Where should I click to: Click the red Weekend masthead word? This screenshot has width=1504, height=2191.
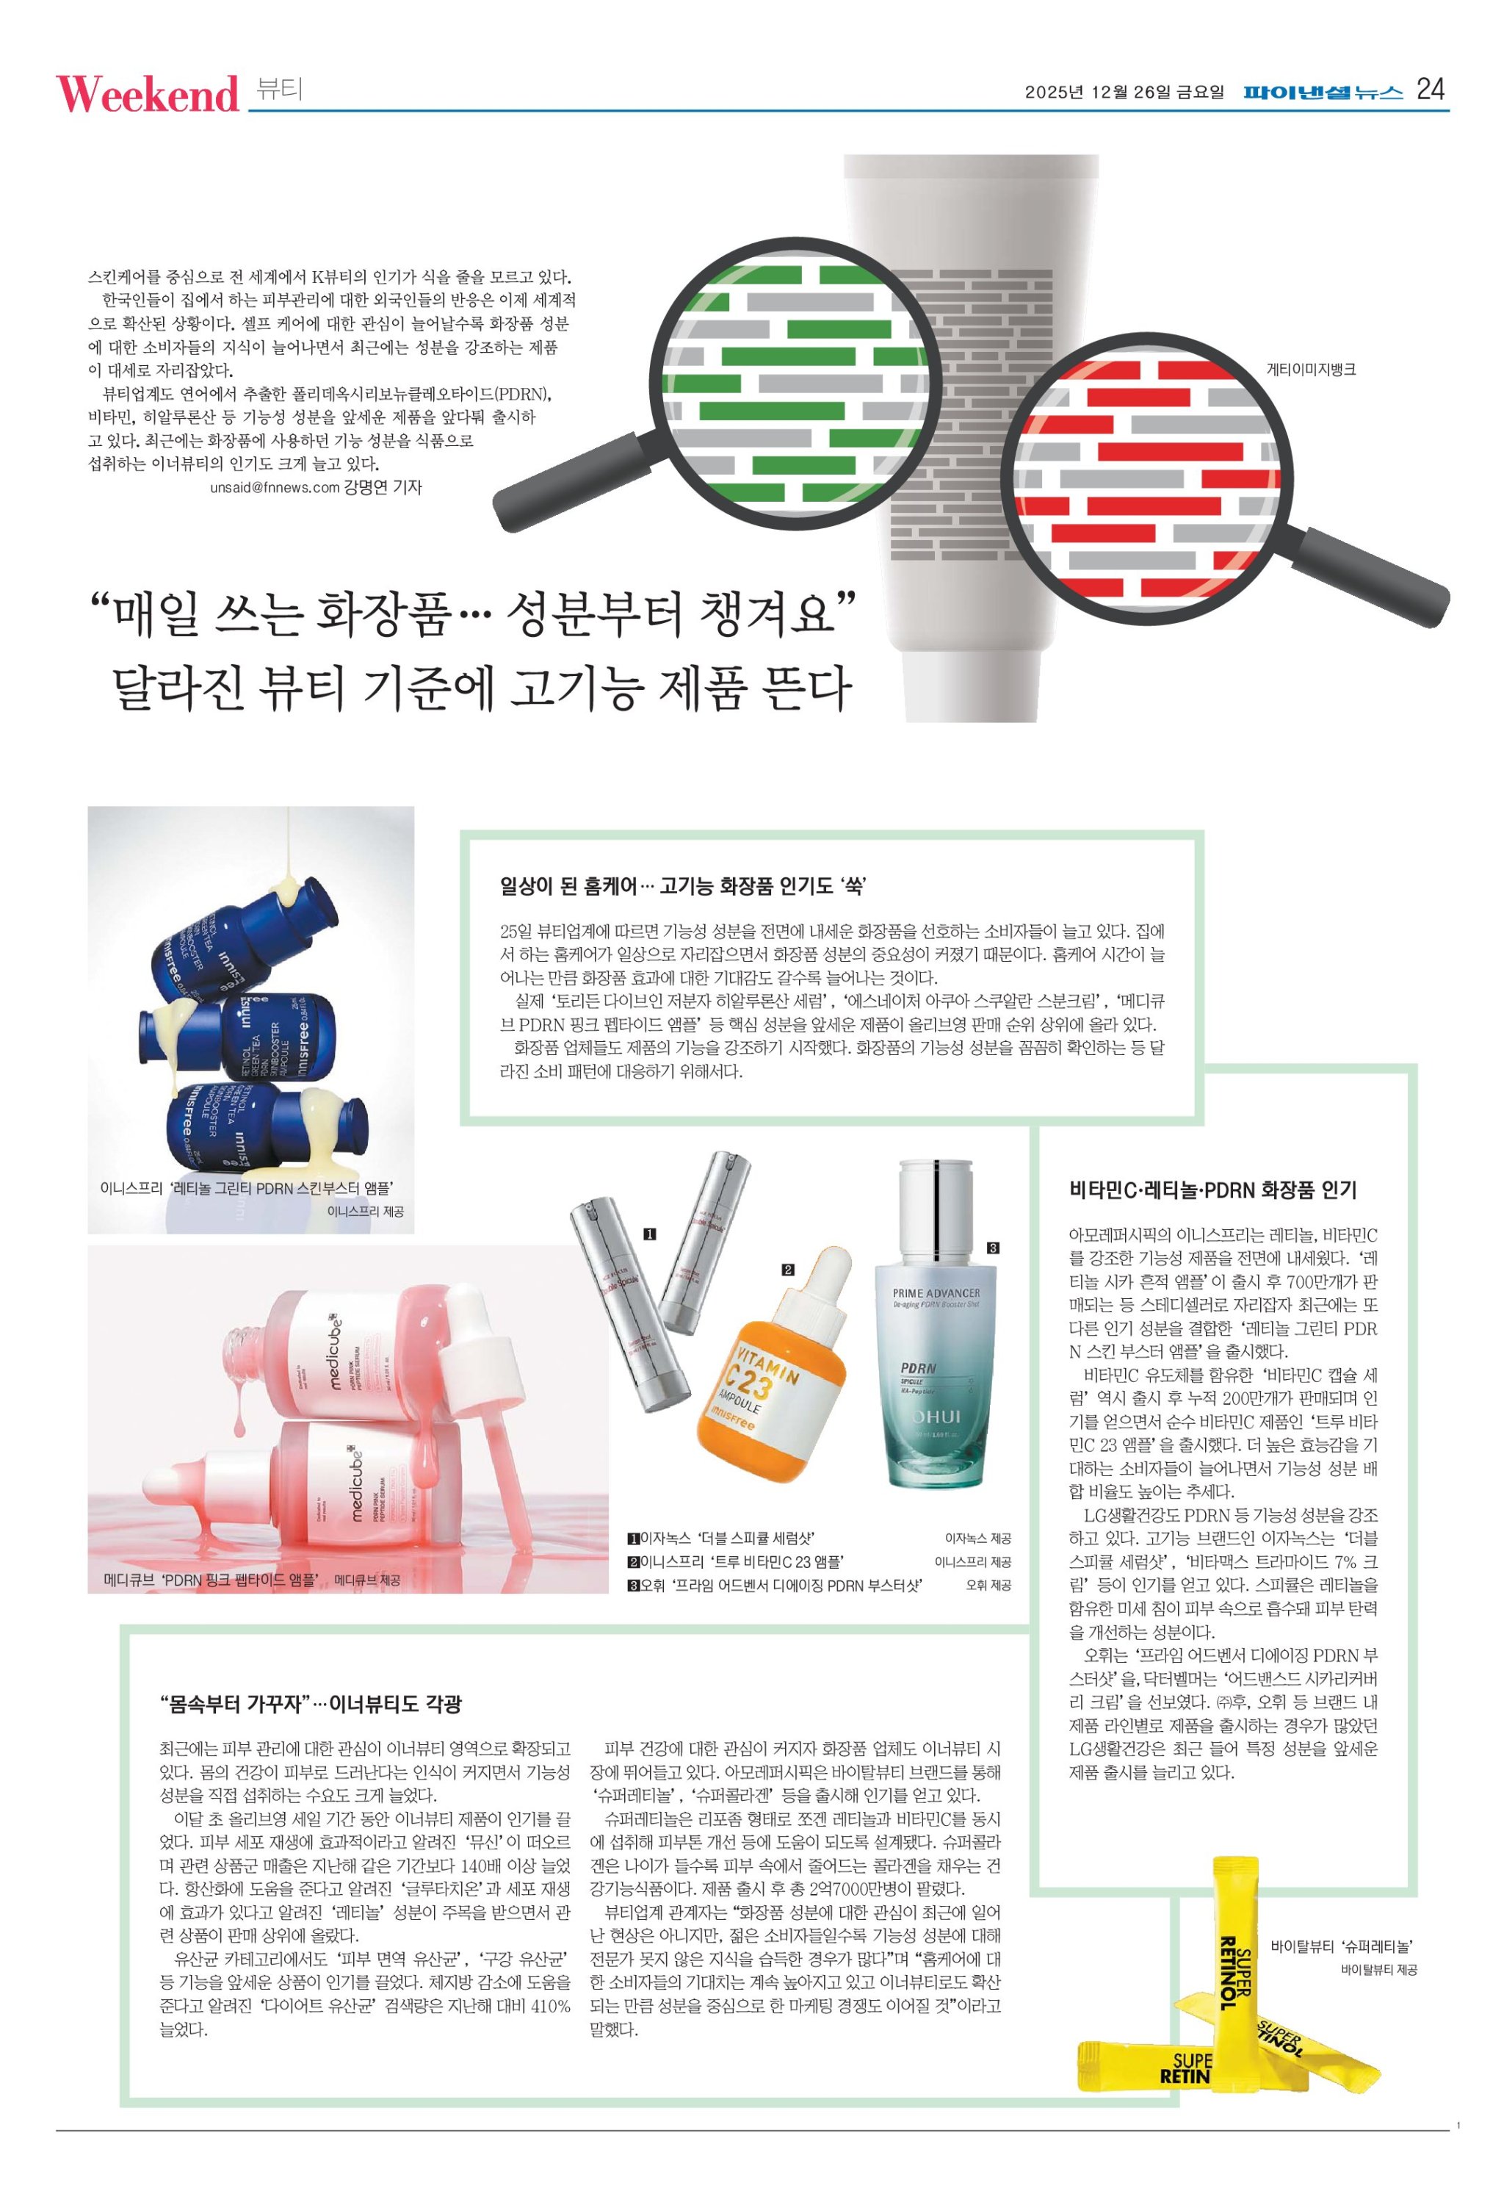[148, 93]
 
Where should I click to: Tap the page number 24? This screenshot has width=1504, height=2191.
[1430, 90]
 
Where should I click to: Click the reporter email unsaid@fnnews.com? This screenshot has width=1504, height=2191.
[274, 487]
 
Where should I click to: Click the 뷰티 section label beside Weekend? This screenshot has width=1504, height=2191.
[279, 90]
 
